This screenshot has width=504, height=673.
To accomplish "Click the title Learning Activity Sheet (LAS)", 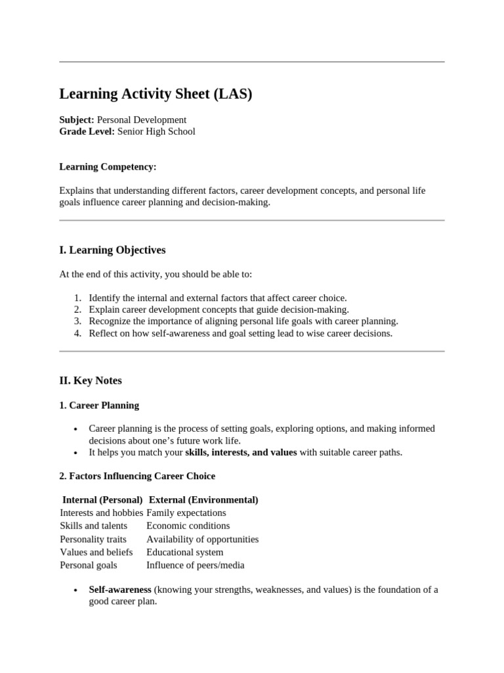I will click(x=156, y=94).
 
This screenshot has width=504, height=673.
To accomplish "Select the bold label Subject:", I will click(x=77, y=120).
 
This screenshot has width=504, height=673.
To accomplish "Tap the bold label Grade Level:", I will click(x=87, y=131).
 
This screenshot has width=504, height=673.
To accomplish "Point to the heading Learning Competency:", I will click(x=108, y=167).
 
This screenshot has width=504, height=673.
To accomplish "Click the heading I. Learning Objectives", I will click(x=112, y=250).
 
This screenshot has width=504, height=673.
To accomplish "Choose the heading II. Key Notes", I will click(x=91, y=380).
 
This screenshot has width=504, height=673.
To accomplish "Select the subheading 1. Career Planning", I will click(x=99, y=405).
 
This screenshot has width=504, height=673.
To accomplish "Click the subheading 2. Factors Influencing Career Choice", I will click(x=137, y=475).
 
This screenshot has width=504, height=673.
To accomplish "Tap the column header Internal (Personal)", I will click(x=102, y=499).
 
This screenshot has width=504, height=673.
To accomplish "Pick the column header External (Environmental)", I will click(x=203, y=499).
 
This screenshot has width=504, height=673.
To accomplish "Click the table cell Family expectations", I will click(x=186, y=513).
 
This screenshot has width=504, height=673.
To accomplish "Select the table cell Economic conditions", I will click(x=188, y=526).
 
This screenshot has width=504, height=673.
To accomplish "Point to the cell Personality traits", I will click(x=93, y=539).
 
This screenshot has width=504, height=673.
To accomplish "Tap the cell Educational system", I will click(x=184, y=552).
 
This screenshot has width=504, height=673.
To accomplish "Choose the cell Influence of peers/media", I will click(x=195, y=565).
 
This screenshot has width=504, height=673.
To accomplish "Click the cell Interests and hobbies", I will click(x=101, y=513).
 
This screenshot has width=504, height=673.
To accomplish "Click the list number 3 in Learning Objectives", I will click(x=77, y=321).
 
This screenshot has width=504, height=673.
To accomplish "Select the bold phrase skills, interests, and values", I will click(x=241, y=452).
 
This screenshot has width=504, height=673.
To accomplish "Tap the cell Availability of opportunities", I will click(x=202, y=539).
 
